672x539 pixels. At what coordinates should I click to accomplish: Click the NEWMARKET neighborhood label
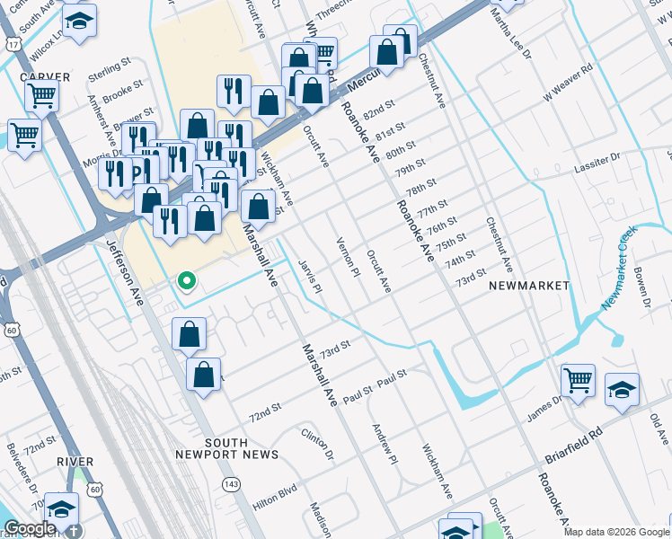click(529, 285)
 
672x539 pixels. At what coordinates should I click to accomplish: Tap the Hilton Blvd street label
click(274, 499)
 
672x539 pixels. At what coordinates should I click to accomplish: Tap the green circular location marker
click(187, 282)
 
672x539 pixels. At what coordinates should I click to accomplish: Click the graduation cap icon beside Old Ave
click(622, 389)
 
